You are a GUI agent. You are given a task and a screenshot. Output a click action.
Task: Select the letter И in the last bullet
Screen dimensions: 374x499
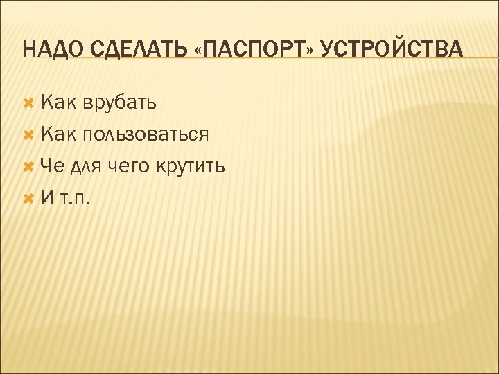point(48,197)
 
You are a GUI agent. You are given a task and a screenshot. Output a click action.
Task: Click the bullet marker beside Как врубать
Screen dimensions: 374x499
point(28,103)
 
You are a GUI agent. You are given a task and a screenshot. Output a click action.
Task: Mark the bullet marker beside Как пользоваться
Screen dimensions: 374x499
point(28,134)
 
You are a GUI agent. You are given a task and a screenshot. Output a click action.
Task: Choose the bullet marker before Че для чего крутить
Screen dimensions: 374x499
point(28,166)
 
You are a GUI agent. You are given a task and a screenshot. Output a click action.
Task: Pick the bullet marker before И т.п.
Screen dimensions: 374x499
point(28,197)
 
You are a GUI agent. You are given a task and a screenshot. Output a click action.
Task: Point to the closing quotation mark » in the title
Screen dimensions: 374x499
point(315,51)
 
